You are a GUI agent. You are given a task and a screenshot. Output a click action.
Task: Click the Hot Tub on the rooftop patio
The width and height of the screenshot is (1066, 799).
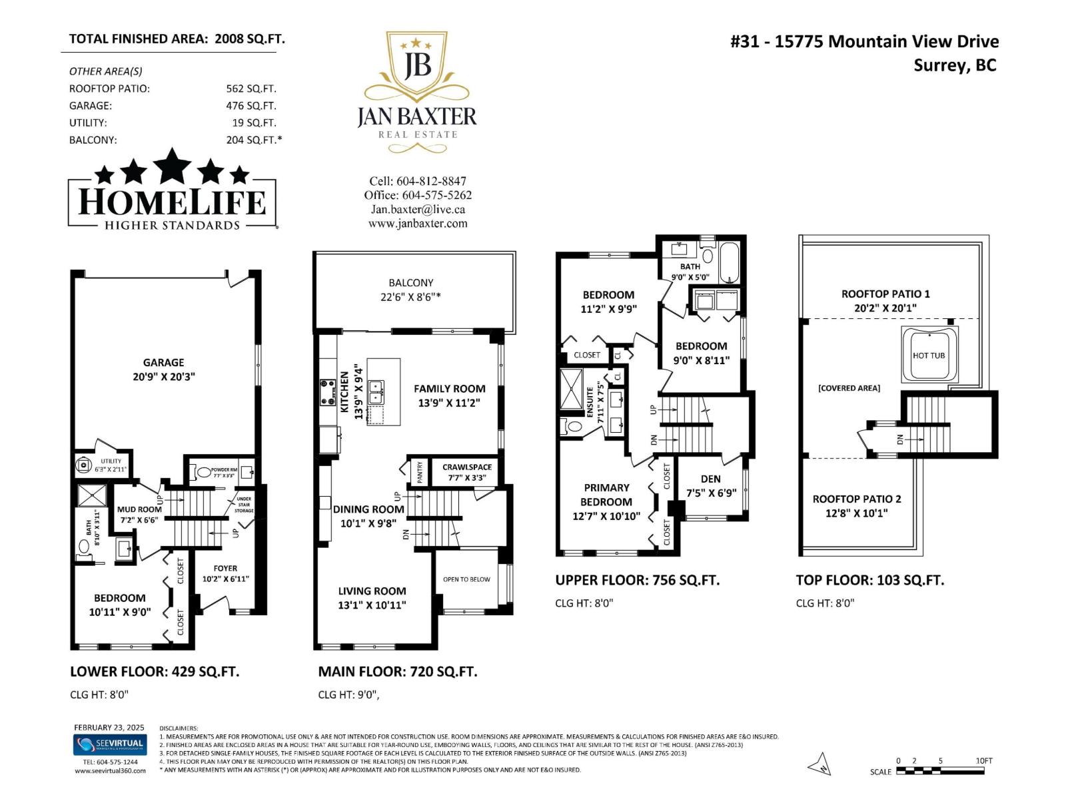tap(929, 355)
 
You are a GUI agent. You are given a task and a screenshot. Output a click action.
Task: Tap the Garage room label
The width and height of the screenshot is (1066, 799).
tap(163, 369)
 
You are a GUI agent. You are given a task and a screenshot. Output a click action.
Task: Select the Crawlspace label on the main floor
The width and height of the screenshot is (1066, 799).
tap(467, 471)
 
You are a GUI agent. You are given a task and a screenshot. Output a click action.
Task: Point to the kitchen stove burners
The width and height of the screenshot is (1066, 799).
tap(327, 392)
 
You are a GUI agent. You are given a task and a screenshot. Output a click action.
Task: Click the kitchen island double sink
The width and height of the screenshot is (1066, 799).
tap(376, 392)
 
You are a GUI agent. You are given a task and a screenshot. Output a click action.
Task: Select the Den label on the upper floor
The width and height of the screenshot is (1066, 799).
tap(710, 485)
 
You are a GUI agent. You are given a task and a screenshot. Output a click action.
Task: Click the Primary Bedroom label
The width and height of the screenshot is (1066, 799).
tap(606, 501)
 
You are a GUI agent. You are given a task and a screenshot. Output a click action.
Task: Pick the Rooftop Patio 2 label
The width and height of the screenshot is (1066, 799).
tap(856, 505)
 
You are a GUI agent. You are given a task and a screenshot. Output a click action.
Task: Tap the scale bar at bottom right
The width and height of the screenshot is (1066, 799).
tap(939, 771)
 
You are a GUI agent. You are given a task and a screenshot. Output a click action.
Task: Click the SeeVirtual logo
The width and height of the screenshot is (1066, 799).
tap(109, 744)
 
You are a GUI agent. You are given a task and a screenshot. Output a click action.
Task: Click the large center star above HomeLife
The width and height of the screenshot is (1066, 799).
tap(173, 166)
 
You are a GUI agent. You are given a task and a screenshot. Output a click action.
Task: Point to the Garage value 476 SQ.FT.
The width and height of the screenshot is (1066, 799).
tap(251, 105)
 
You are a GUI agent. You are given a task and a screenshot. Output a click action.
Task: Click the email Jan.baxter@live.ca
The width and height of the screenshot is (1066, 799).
tap(418, 209)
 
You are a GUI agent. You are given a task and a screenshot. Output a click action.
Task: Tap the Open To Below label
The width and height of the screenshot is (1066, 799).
tap(466, 579)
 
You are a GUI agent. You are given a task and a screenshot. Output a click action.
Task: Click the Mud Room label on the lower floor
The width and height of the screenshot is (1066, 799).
tap(139, 514)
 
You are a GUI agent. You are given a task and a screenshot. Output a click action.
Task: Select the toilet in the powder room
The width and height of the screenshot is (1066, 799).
tap(202, 472)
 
